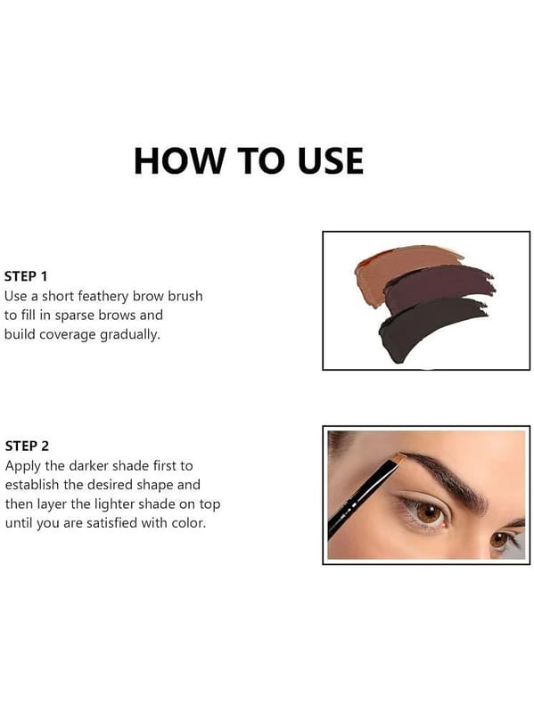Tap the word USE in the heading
pos(331,161)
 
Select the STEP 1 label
pos(26,276)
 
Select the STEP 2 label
pos(27,447)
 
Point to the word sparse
pos(75,316)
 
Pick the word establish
pos(32,485)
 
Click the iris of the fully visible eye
pos(430,513)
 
